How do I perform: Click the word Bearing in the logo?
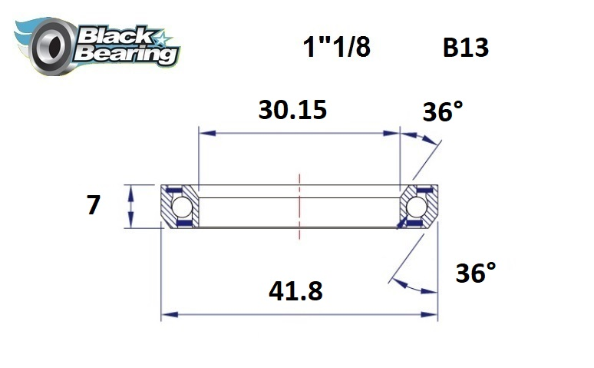[x=126, y=53]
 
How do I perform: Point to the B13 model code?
[x=465, y=48]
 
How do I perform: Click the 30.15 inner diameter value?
[x=292, y=110]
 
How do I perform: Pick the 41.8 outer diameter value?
[x=295, y=291]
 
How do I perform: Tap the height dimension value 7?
[x=94, y=205]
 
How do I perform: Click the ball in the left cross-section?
[x=182, y=207]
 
